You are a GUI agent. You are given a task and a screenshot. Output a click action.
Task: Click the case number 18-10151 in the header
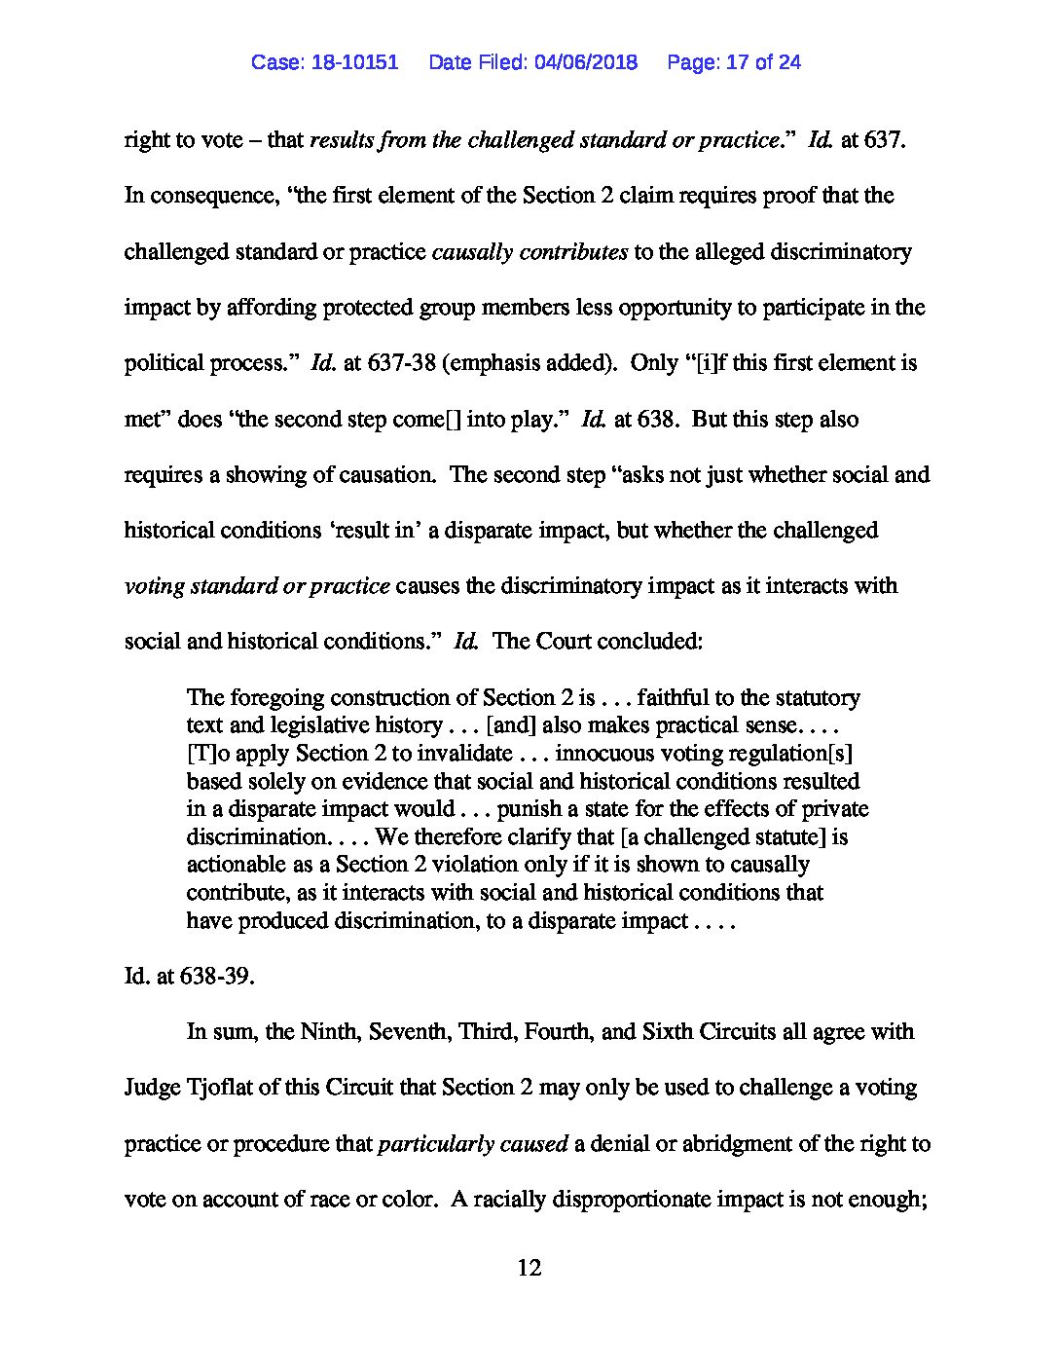[x=355, y=62]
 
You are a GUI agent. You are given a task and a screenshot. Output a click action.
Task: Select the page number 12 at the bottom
[x=529, y=1268]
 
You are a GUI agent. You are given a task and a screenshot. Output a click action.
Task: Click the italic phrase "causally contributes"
[x=529, y=252]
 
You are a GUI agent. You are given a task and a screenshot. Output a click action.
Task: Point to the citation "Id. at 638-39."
[x=189, y=976]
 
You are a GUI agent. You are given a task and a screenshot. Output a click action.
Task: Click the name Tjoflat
[x=225, y=1088]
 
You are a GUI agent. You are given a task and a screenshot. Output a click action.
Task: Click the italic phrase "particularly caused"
[x=472, y=1144]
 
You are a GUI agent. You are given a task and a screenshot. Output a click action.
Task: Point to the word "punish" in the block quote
[x=541, y=809]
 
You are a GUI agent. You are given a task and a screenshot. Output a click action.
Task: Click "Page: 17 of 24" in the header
[x=734, y=62]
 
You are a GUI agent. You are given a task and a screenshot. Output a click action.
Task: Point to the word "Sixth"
[x=670, y=1032]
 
